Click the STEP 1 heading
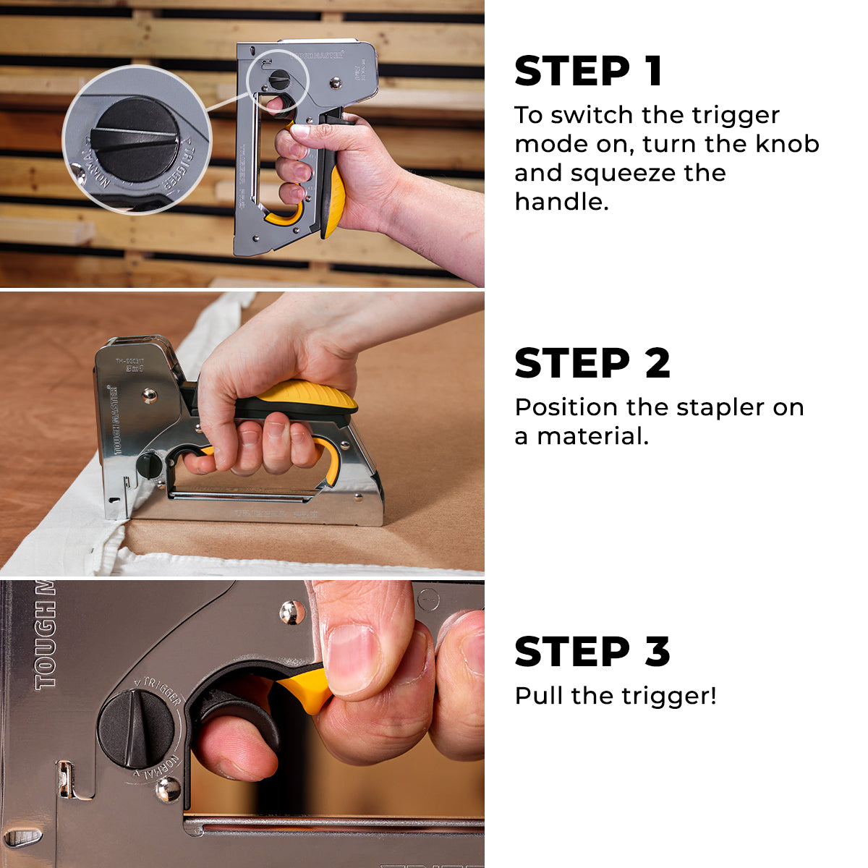[x=588, y=71]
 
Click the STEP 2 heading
[x=592, y=363]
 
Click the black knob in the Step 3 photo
[x=135, y=728]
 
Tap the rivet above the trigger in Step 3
[x=292, y=612]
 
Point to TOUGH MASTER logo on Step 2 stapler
[x=114, y=420]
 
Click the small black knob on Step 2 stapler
[x=149, y=464]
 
